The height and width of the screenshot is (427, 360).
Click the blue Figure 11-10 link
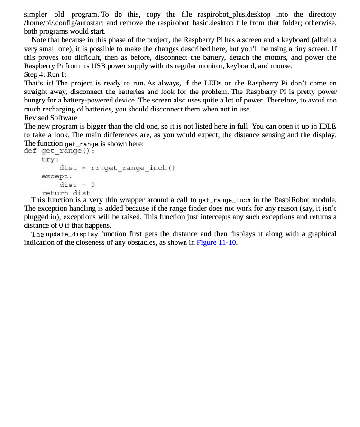click(x=216, y=242)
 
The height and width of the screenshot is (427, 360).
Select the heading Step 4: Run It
click(x=45, y=74)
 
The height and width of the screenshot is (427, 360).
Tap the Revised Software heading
click(x=51, y=117)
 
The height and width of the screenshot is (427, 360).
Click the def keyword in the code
click(x=30, y=151)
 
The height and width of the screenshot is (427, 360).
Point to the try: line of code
click(x=49, y=159)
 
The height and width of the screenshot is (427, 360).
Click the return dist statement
click(x=65, y=193)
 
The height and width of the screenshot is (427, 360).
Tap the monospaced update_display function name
click(x=72, y=234)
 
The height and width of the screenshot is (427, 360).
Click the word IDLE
click(x=327, y=126)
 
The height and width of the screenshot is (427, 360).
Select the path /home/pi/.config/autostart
click(x=64, y=23)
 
